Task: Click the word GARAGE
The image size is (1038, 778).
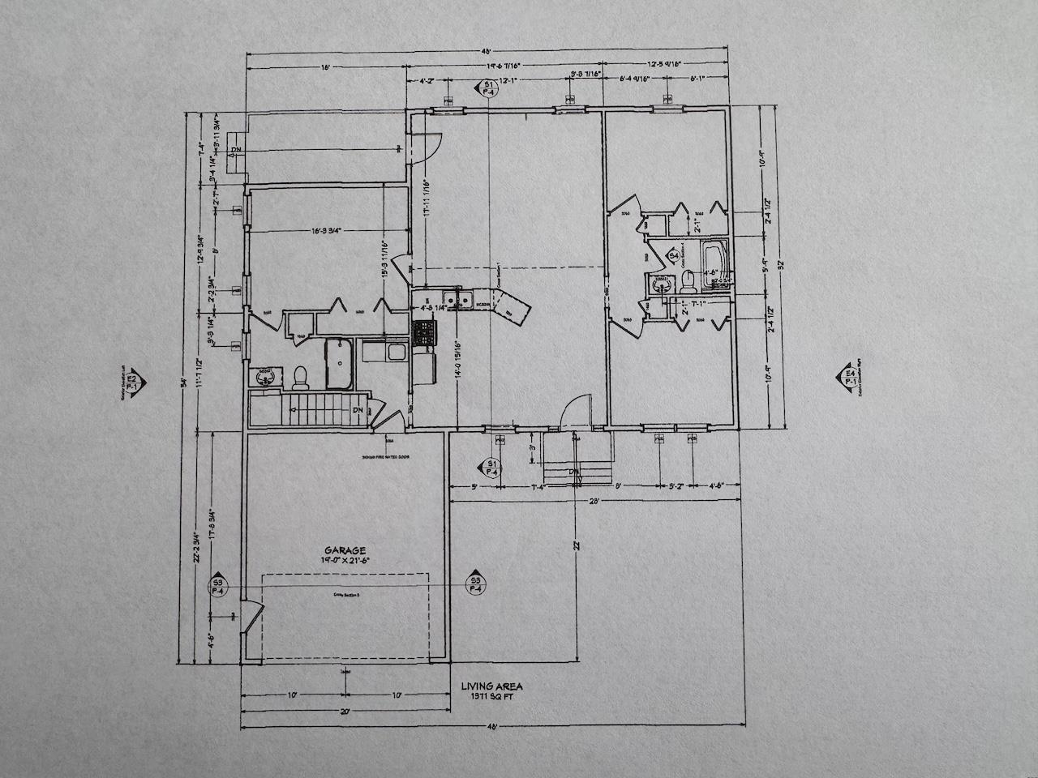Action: (x=341, y=549)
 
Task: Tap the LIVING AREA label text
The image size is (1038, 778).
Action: (x=491, y=686)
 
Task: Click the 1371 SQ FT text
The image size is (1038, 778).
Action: (x=491, y=696)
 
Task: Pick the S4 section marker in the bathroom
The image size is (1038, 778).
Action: (x=673, y=257)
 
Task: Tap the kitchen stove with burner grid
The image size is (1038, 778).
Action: (x=424, y=331)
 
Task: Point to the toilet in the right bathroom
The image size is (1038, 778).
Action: (x=688, y=280)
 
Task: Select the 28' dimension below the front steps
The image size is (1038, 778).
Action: (x=594, y=502)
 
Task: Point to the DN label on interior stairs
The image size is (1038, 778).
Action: (x=358, y=410)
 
